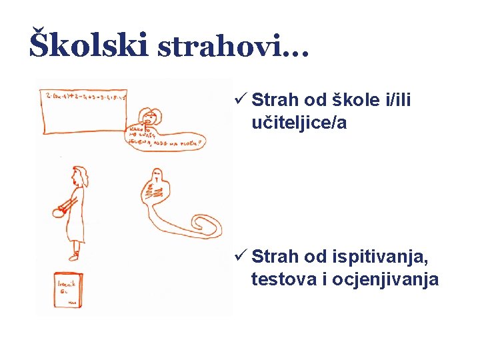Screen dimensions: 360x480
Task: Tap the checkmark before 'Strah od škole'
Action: [x=241, y=101]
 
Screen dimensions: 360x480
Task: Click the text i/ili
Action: [x=399, y=101]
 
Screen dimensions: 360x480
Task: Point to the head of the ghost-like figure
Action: [x=158, y=177]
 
